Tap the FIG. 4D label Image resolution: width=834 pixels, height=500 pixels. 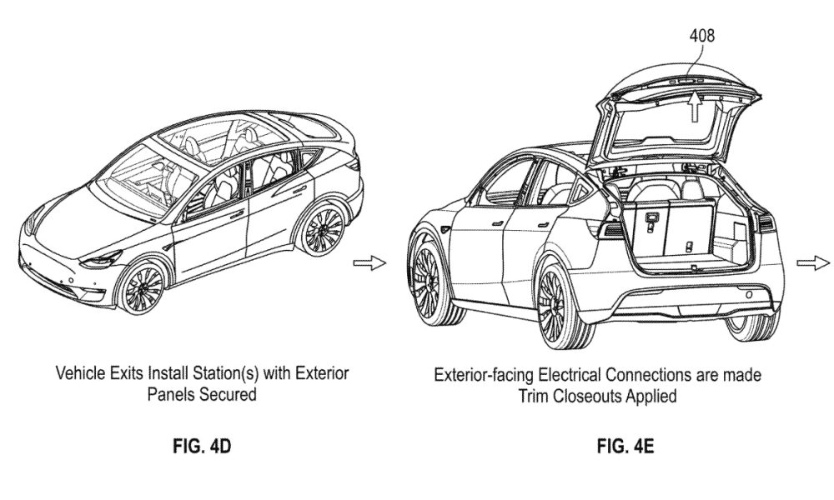[202, 447]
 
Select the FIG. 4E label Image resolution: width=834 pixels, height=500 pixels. [625, 447]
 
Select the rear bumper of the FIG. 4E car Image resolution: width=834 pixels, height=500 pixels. [696, 300]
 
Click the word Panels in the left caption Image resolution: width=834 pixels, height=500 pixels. [173, 395]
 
